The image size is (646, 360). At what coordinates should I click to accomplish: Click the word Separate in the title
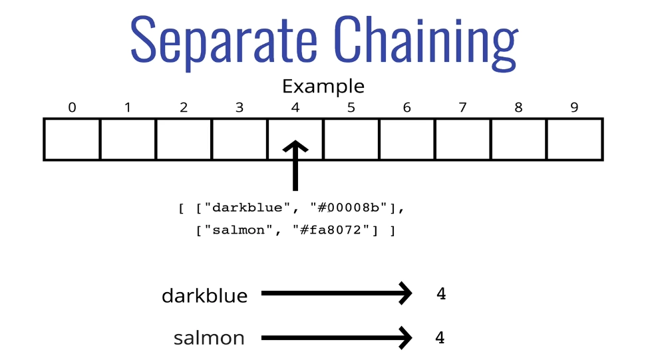coord(224,41)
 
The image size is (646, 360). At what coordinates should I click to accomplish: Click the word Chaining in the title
coord(426,41)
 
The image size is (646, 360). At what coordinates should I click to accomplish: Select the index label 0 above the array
coord(72,108)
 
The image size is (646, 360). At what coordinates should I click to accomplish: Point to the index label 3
coord(240,108)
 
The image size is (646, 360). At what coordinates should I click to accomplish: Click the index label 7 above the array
coord(462,108)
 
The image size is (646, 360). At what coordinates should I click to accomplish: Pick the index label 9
coord(574,108)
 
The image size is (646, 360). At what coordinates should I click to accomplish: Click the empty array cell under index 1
coord(128,139)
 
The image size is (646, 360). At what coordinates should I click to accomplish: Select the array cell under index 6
coord(407,139)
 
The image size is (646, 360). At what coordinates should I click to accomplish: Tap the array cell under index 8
coord(519,139)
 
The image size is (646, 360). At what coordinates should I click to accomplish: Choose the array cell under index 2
coord(184,139)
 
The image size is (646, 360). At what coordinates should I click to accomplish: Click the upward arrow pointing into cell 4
coord(295,166)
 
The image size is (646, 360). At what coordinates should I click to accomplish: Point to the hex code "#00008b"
coord(349,208)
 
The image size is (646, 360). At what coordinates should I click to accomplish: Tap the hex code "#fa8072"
coord(331,230)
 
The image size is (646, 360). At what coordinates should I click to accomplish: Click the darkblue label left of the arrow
coord(205,295)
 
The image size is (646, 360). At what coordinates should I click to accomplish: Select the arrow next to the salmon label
coord(337,338)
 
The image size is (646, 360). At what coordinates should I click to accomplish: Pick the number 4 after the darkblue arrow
coord(441,293)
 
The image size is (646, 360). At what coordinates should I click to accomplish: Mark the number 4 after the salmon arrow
coord(440,338)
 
